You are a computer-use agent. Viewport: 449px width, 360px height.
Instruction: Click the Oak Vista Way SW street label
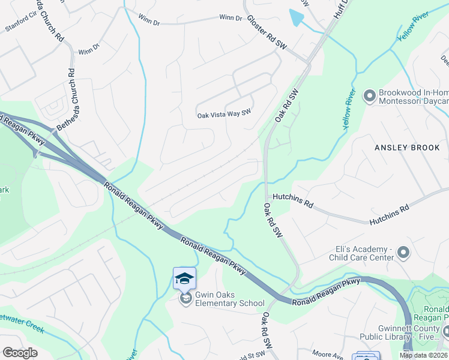pyautogui.click(x=223, y=115)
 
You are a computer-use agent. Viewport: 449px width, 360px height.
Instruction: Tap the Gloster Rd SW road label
pyautogui.click(x=267, y=32)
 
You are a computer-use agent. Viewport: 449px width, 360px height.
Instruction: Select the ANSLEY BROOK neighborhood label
pyautogui.click(x=407, y=148)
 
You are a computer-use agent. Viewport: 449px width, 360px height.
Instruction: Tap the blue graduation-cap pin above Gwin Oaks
pyautogui.click(x=184, y=278)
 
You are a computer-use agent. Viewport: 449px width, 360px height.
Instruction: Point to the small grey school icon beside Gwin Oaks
pyautogui.click(x=185, y=298)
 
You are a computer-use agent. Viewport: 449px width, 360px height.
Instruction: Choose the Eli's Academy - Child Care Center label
pyautogui.click(x=364, y=253)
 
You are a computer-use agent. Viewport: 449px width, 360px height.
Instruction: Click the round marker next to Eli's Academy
pyautogui.click(x=403, y=253)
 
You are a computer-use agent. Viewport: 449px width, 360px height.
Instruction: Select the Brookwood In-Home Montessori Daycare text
pyautogui.click(x=413, y=98)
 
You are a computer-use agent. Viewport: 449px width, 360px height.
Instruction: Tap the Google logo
pyautogui.click(x=20, y=353)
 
